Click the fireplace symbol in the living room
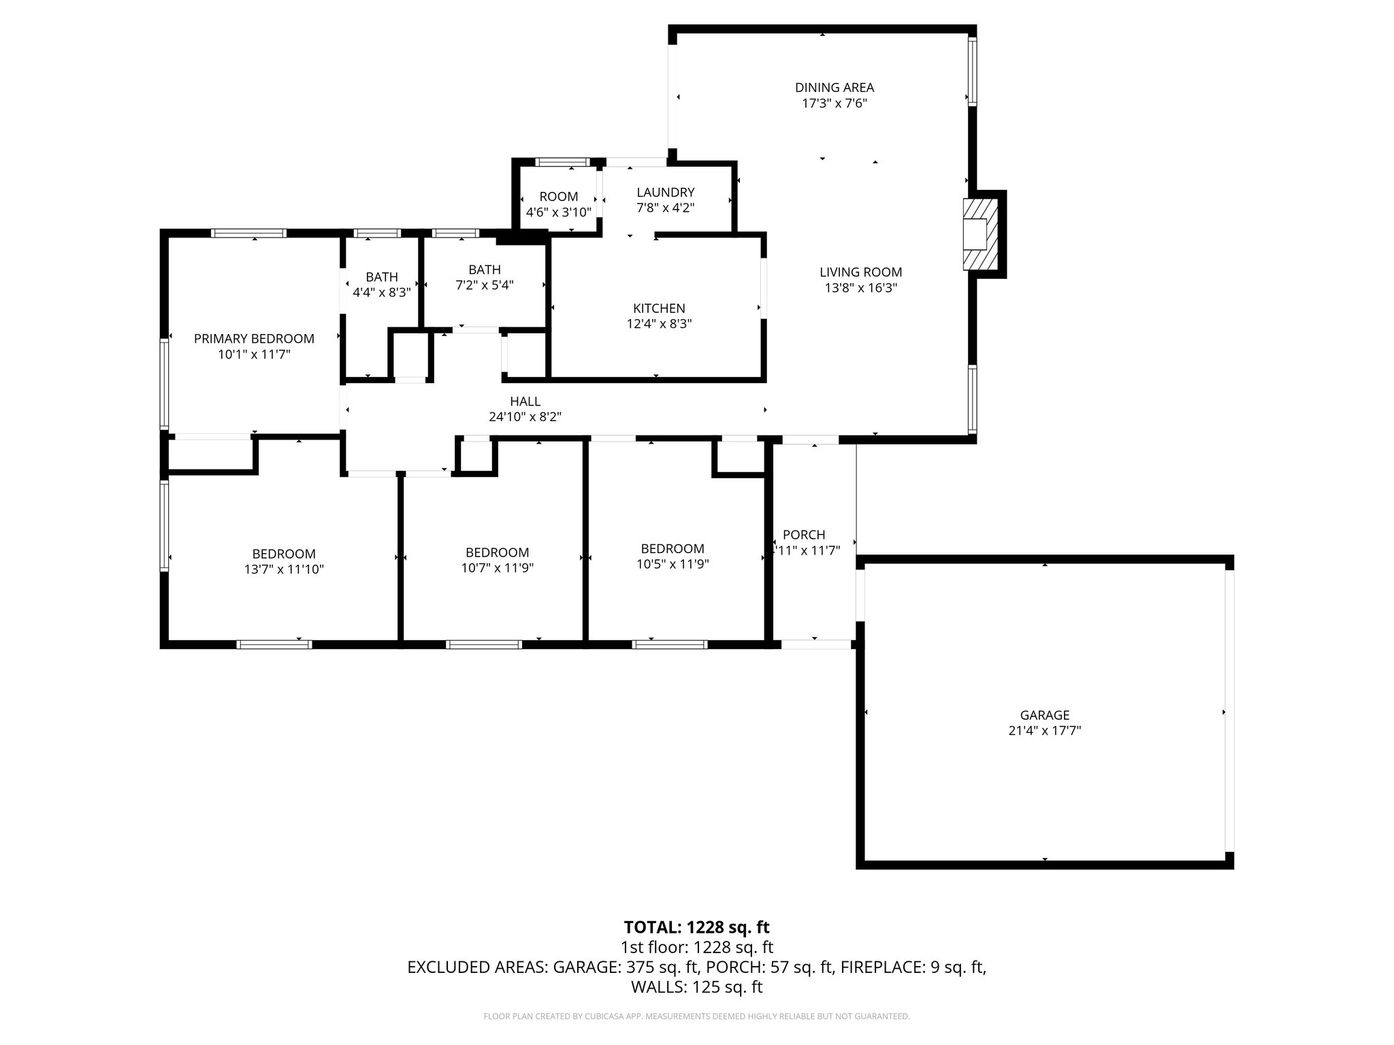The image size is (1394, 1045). pyautogui.click(x=980, y=234)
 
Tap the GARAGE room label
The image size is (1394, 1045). pyautogui.click(x=1044, y=715)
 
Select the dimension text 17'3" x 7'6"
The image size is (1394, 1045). pyautogui.click(x=834, y=103)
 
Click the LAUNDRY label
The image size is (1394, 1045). pyautogui.click(x=665, y=193)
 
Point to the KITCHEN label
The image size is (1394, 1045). pyautogui.click(x=659, y=308)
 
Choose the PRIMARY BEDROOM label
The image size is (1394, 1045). pyautogui.click(x=254, y=339)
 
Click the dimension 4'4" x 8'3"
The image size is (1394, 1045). pyautogui.click(x=381, y=293)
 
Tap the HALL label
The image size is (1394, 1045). pyautogui.click(x=525, y=401)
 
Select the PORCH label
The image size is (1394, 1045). pyautogui.click(x=803, y=535)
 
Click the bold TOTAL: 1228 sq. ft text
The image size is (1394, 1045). pyautogui.click(x=696, y=927)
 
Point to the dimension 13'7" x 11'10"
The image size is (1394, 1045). pyautogui.click(x=284, y=569)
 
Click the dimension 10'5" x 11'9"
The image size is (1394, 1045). pyautogui.click(x=672, y=564)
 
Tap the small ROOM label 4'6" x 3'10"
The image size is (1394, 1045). pyautogui.click(x=559, y=197)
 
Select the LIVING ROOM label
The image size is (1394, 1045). pyautogui.click(x=860, y=272)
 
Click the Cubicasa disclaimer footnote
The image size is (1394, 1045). pyautogui.click(x=696, y=1016)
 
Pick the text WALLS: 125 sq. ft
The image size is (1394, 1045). pyautogui.click(x=696, y=987)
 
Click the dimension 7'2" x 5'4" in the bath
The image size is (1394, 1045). pyautogui.click(x=484, y=285)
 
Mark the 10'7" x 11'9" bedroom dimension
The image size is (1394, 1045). pyautogui.click(x=497, y=568)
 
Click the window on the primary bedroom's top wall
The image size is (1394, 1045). pyautogui.click(x=248, y=233)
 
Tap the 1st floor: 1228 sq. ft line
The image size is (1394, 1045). pyautogui.click(x=696, y=947)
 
